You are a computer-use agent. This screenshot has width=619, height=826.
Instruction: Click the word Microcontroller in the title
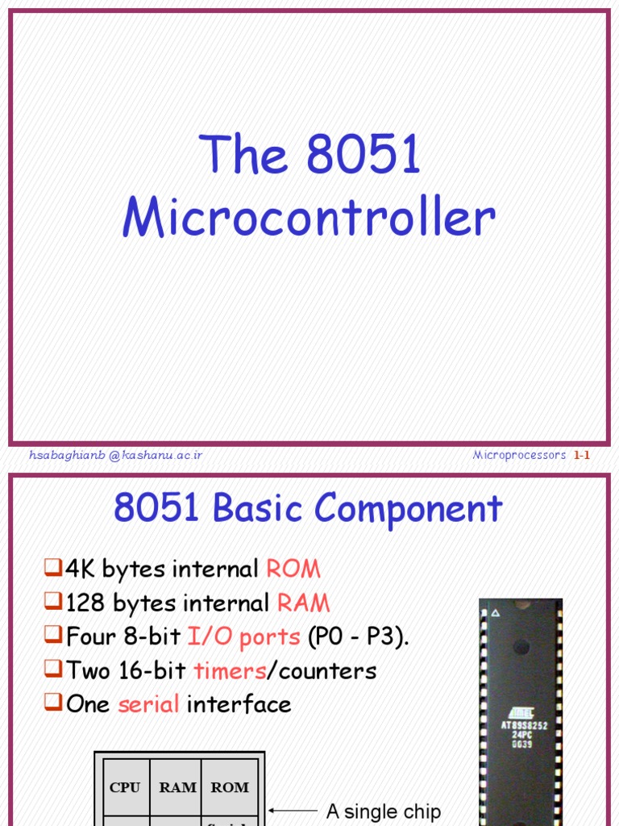309,218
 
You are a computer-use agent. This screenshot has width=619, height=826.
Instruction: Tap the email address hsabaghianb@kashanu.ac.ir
115,455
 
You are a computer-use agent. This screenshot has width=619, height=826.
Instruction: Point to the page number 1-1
582,455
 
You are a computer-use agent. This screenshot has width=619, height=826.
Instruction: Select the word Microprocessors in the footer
519,455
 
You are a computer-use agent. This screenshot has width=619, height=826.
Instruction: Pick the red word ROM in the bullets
293,569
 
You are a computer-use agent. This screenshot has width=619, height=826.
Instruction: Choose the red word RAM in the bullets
303,603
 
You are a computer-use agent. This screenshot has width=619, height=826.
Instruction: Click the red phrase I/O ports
243,636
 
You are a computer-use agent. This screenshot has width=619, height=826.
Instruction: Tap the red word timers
230,670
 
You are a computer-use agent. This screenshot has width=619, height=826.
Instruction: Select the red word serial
148,704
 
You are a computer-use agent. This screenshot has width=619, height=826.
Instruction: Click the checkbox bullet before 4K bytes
52,569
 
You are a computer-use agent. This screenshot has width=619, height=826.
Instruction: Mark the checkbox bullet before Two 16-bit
52,670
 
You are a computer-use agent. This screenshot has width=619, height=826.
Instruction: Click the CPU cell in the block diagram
124,787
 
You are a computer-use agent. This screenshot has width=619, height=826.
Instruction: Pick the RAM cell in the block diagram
177,787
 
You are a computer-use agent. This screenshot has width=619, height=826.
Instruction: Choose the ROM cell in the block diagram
230,787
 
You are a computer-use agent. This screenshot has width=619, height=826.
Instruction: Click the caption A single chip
383,811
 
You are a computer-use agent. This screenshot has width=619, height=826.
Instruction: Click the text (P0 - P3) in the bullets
358,636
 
